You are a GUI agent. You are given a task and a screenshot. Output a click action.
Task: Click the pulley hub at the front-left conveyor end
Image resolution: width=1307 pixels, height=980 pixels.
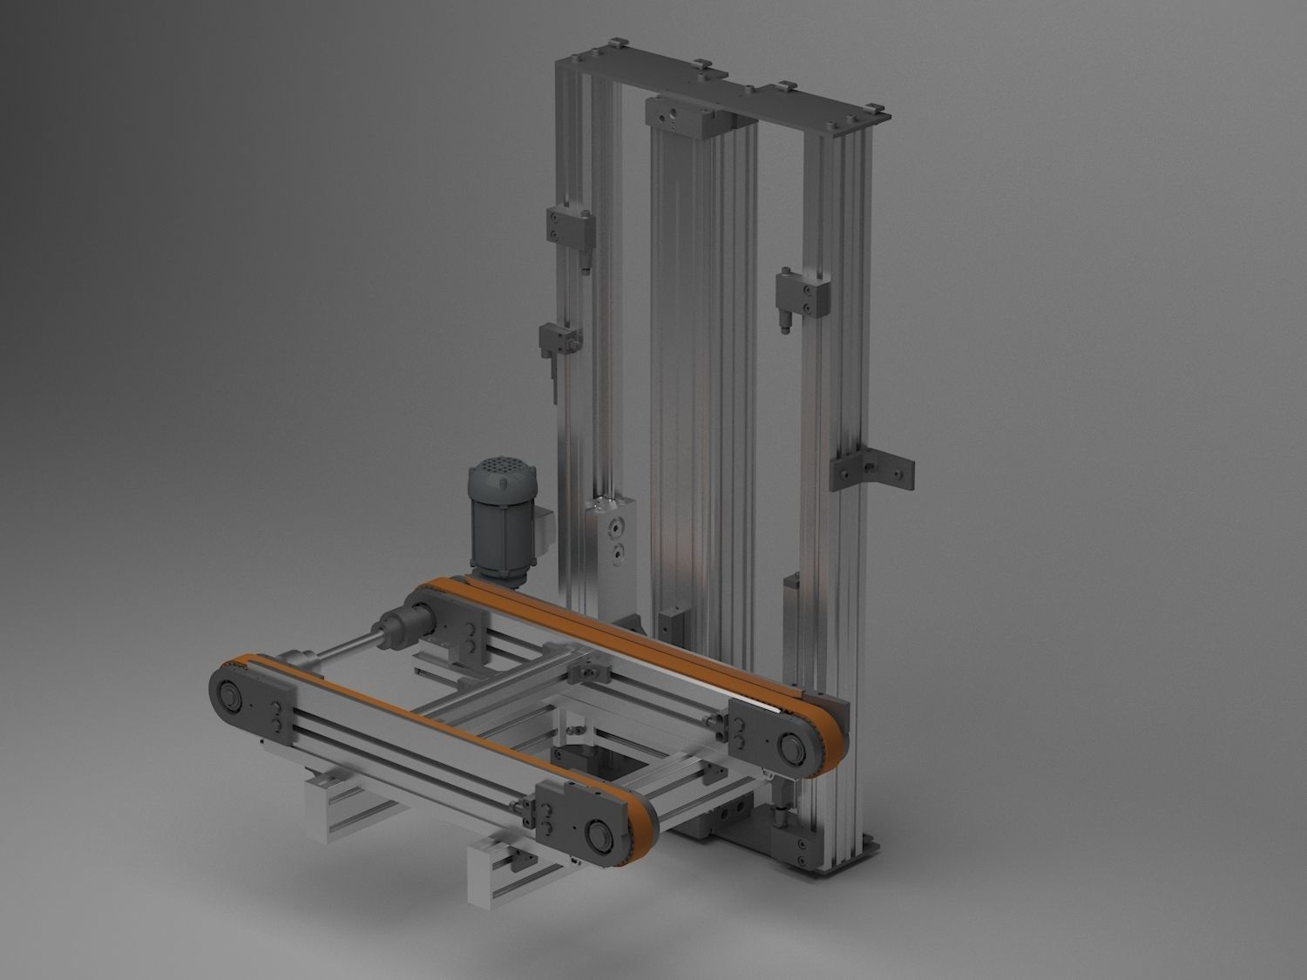(x=230, y=698)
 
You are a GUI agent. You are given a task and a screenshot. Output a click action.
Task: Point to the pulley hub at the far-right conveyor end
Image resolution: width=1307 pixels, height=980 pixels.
(x=794, y=747)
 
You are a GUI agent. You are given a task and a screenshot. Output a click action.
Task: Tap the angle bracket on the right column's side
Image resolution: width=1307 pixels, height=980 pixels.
(x=871, y=470)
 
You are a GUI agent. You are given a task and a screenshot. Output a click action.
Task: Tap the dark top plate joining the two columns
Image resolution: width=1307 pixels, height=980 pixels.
(x=723, y=91)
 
